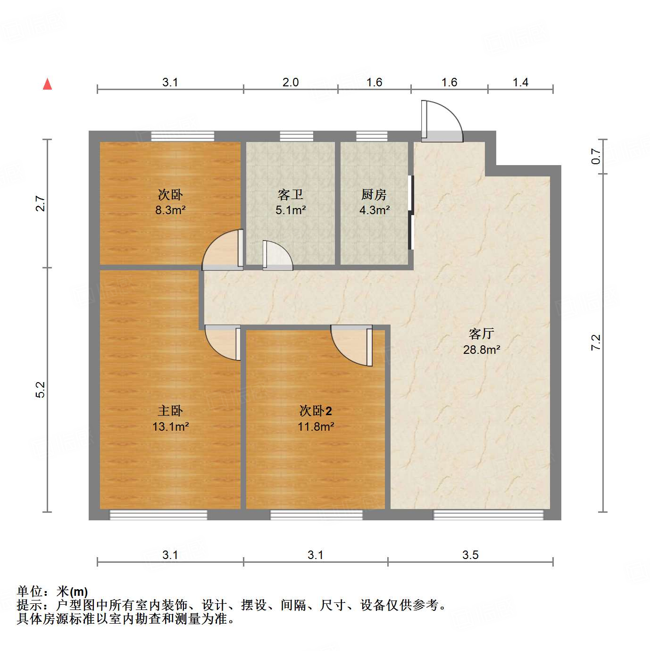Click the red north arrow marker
click(x=47, y=84)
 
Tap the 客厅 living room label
click(x=481, y=334)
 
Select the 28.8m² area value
click(x=481, y=350)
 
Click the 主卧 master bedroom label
click(x=170, y=411)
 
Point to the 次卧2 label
click(x=316, y=411)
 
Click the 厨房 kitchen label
click(x=374, y=194)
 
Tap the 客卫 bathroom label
click(x=290, y=194)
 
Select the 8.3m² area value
click(x=170, y=210)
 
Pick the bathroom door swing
click(x=277, y=256)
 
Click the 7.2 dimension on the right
click(x=596, y=342)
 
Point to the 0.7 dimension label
click(x=596, y=156)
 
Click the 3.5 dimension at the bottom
click(x=470, y=555)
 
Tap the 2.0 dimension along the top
click(x=291, y=82)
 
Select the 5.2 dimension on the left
click(x=41, y=389)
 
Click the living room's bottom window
click(x=488, y=515)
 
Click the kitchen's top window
click(x=372, y=136)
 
